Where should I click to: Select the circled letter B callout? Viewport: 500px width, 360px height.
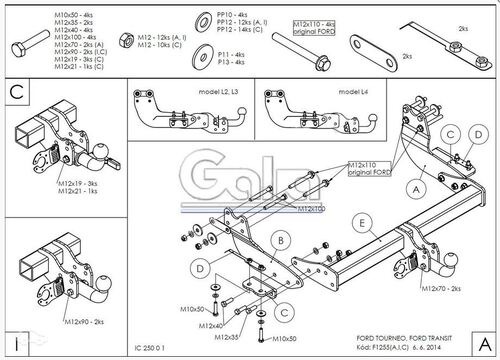click(283, 240)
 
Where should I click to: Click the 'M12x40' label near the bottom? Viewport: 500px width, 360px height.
click(210, 326)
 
